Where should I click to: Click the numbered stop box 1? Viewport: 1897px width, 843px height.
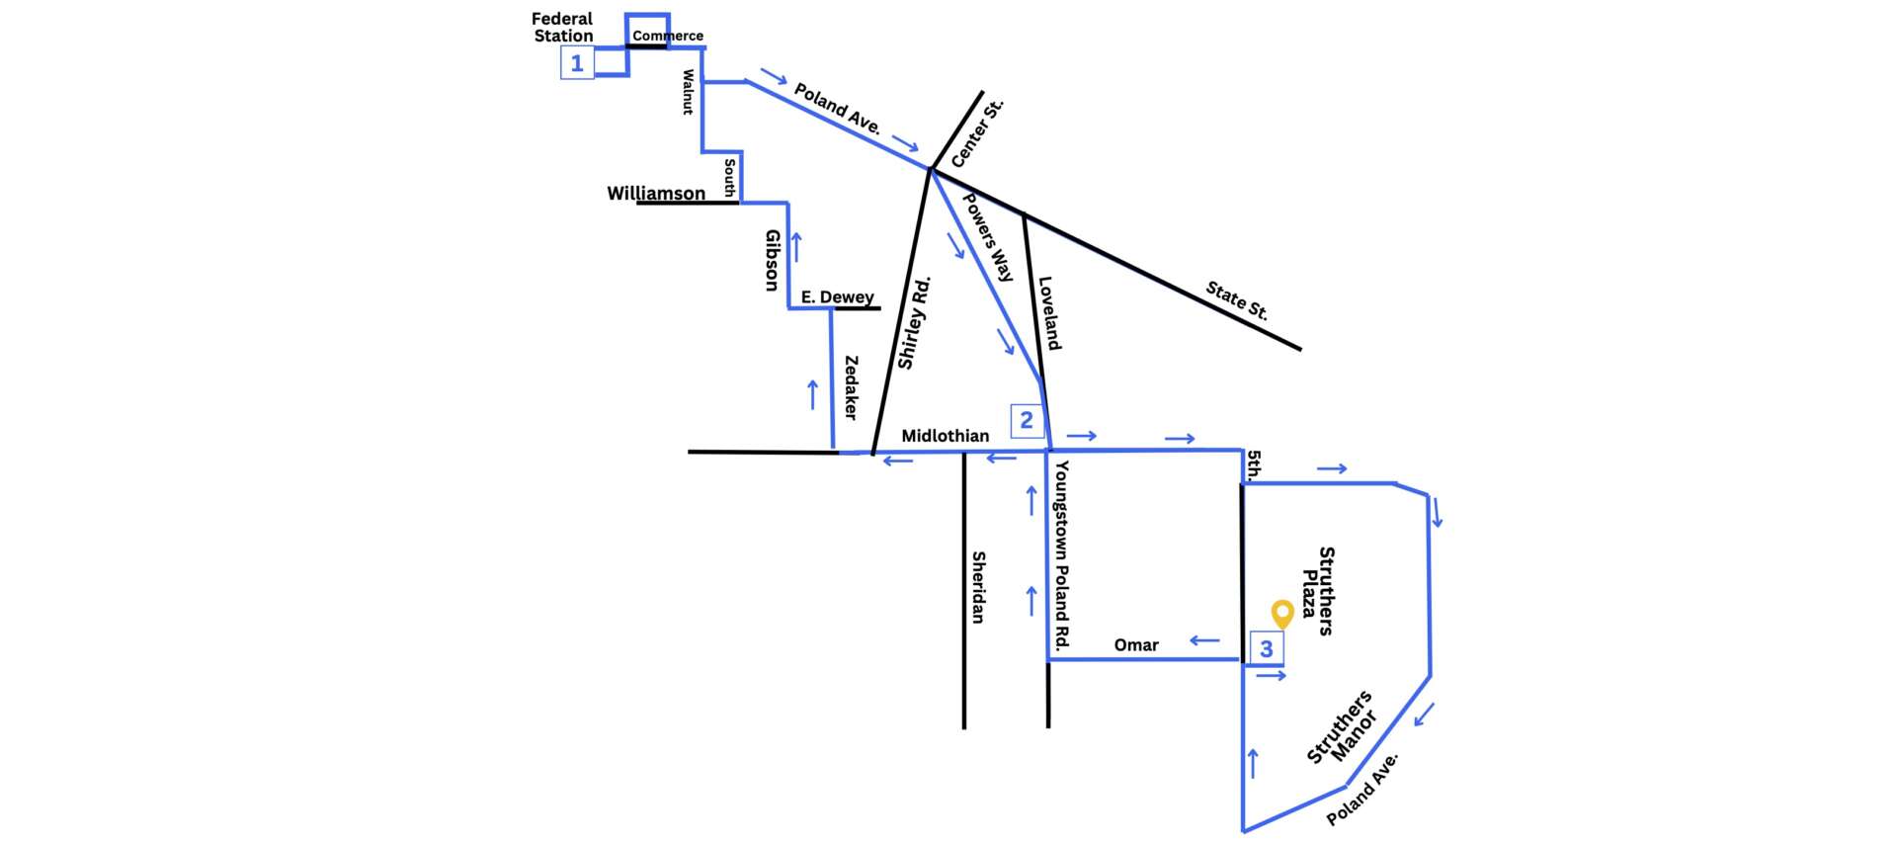click(577, 63)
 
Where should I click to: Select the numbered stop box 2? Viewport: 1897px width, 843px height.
click(1027, 420)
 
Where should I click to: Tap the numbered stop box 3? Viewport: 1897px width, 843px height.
click(1267, 648)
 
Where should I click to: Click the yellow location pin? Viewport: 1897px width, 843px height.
click(1282, 614)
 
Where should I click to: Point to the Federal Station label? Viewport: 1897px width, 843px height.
click(562, 27)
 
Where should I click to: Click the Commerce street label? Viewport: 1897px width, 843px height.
click(668, 36)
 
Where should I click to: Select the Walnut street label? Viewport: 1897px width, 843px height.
click(689, 92)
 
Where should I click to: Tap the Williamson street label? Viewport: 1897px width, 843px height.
click(656, 193)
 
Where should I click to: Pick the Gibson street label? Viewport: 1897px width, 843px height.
click(773, 260)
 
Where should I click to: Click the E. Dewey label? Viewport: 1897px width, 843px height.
click(837, 296)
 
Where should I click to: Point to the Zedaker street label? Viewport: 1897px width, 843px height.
click(851, 387)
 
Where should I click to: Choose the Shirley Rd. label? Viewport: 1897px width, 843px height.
click(914, 322)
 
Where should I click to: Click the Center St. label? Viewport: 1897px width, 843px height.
click(977, 132)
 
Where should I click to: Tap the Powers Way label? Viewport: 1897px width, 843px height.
click(988, 237)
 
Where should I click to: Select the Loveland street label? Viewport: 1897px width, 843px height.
click(1049, 313)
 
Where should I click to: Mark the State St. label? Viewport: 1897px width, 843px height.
click(1237, 300)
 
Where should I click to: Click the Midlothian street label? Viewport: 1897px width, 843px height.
click(945, 436)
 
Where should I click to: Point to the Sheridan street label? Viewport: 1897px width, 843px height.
click(978, 587)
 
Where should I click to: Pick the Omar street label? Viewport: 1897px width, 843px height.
click(1136, 645)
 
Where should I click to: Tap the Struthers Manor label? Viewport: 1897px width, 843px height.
click(1342, 727)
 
